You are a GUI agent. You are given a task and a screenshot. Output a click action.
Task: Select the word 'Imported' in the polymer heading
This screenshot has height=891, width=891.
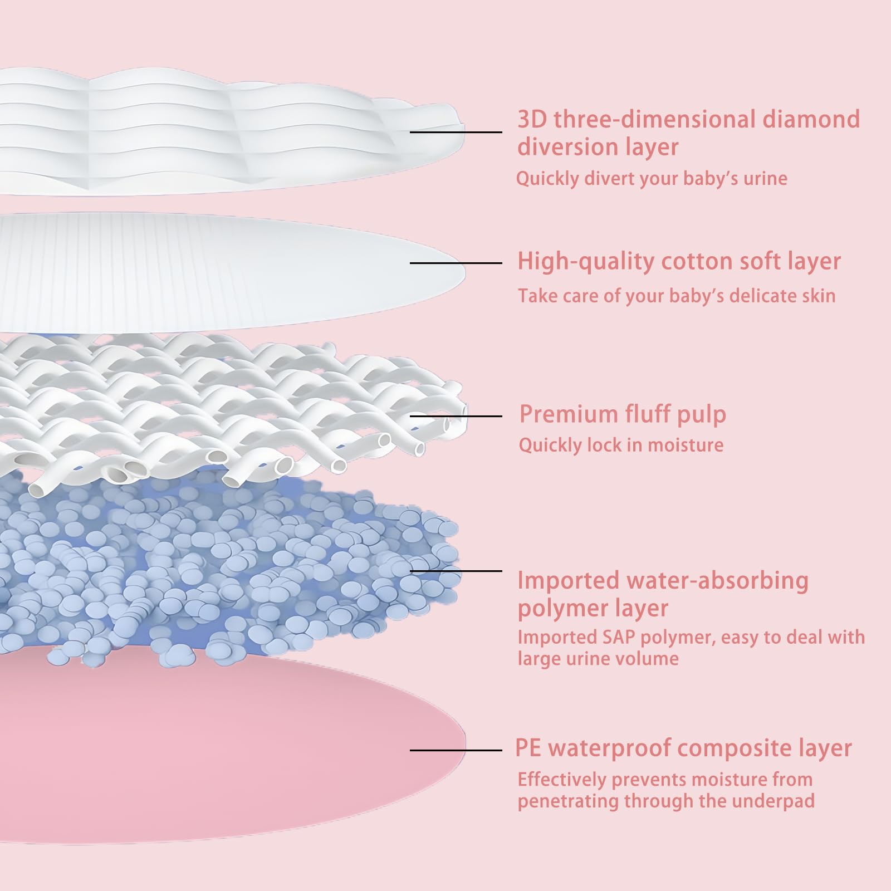(568, 581)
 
